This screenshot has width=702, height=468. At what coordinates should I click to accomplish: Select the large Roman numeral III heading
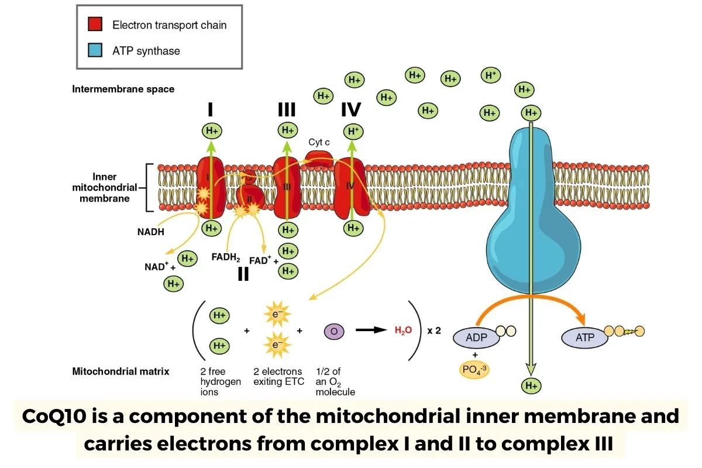pos(286,110)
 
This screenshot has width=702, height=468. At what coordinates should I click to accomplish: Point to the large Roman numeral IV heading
pos(351,110)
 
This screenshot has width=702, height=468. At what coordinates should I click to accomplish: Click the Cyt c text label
pos(320,142)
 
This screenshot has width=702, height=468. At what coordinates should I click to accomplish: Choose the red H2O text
pos(403,330)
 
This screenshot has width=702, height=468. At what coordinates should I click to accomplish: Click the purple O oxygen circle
pos(334,331)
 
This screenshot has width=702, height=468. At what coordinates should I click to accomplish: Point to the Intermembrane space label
pos(123,90)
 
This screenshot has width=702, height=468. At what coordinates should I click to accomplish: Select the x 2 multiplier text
pos(434,330)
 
